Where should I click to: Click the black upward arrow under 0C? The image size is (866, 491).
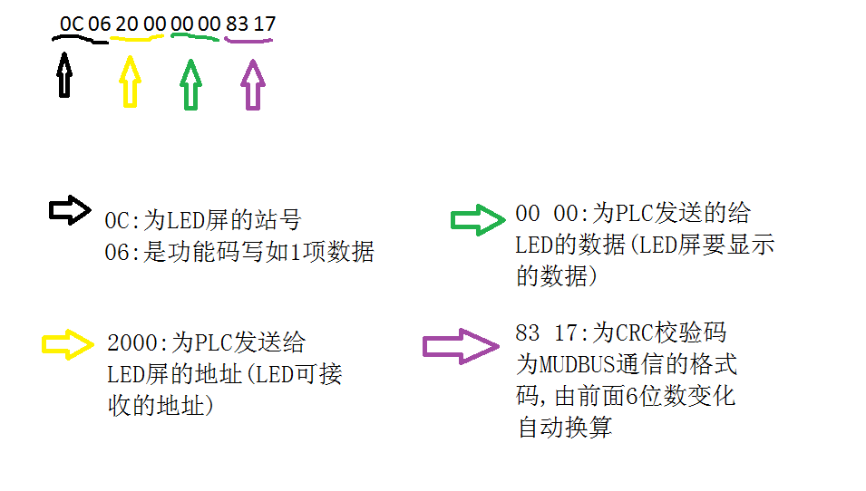click(x=63, y=74)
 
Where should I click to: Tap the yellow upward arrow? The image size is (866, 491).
click(x=131, y=82)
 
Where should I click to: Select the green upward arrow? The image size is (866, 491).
click(x=190, y=83)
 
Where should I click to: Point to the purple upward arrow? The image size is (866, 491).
click(x=252, y=83)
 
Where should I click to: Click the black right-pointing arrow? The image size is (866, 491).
click(x=70, y=210)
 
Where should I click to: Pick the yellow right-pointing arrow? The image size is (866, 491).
click(x=68, y=343)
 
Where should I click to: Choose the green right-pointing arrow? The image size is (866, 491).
click(x=477, y=220)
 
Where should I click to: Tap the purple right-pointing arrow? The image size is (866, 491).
click(x=461, y=345)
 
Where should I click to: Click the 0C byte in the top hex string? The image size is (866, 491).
click(x=72, y=24)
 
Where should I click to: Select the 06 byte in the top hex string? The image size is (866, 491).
click(x=99, y=24)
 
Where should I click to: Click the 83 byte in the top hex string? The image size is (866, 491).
click(x=237, y=24)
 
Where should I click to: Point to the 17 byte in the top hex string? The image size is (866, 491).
click(x=264, y=24)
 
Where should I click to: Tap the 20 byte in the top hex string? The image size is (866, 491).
click(x=127, y=24)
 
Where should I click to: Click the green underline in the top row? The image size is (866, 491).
click(x=194, y=38)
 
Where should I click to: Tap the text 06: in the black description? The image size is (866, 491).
click(x=122, y=251)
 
